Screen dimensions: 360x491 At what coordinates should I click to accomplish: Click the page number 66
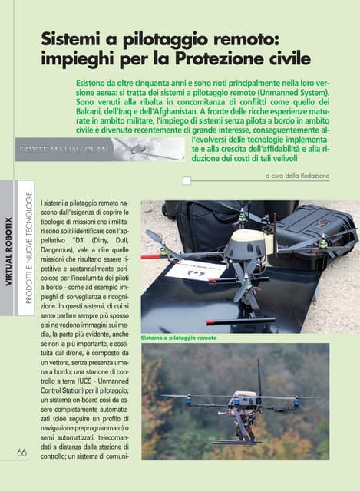[21, 453]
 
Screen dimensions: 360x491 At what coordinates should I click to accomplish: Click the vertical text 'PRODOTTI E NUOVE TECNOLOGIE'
[28, 253]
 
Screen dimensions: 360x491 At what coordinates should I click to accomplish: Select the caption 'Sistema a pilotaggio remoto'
[179, 338]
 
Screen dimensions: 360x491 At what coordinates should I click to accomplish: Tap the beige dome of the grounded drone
[244, 243]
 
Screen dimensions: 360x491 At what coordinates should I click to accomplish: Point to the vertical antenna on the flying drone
[259, 376]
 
